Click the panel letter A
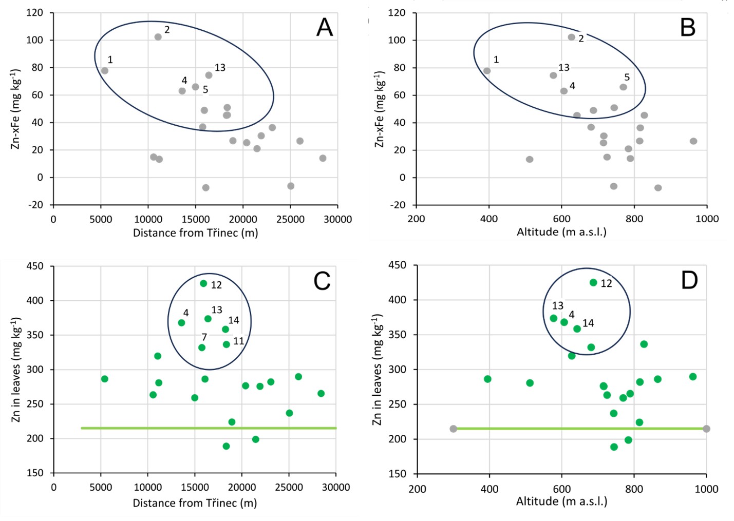(324, 28)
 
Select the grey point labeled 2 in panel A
(158, 37)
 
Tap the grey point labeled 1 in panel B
(487, 71)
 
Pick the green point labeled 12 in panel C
(203, 283)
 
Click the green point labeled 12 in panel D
(593, 282)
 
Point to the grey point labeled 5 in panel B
(623, 87)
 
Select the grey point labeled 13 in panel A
(209, 75)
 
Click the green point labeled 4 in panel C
(181, 323)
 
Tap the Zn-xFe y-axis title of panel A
(15, 109)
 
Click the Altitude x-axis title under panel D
(561, 501)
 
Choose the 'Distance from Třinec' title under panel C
(195, 503)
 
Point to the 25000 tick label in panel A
(290, 219)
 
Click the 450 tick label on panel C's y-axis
(35, 266)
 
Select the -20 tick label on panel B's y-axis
(397, 205)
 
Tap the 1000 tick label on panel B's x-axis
(707, 219)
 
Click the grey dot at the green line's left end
(453, 429)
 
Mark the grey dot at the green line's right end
(706, 429)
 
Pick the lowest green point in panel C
(226, 446)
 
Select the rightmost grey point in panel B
(693, 141)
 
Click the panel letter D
(689, 280)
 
